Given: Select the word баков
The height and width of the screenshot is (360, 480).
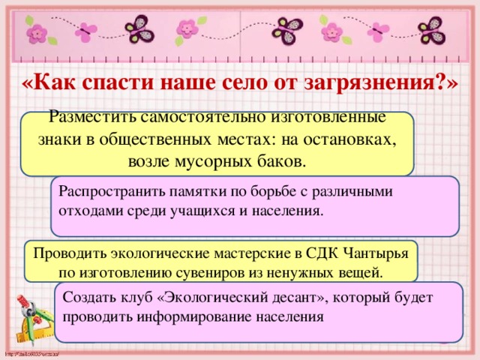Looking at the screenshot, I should [x=281, y=161].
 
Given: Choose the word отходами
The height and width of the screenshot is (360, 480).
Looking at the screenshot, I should [x=88, y=211].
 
